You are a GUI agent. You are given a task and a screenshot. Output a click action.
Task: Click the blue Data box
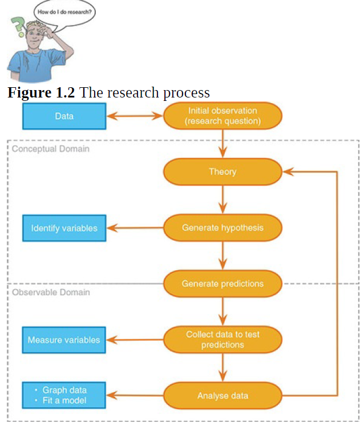click(x=64, y=116)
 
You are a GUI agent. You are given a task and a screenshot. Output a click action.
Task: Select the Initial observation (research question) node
click(x=223, y=116)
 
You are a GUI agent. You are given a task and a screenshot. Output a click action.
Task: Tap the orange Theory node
click(x=223, y=172)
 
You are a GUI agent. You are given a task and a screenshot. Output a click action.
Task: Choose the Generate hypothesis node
click(x=223, y=227)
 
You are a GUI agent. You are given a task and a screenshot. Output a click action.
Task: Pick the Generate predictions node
click(x=223, y=283)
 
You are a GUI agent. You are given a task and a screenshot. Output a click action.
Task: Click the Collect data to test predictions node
click(x=223, y=340)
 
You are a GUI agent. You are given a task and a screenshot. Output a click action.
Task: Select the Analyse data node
click(x=223, y=395)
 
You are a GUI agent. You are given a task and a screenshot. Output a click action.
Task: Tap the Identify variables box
click(x=64, y=228)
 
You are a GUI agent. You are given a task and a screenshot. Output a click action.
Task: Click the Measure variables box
click(x=64, y=340)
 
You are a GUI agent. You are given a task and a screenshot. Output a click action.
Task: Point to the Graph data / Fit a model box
click(x=64, y=396)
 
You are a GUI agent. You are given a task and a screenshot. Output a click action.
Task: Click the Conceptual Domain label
click(x=51, y=149)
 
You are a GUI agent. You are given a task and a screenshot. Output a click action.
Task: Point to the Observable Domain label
click(x=51, y=292)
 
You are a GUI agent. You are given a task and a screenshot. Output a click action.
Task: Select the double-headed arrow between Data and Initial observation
click(x=135, y=116)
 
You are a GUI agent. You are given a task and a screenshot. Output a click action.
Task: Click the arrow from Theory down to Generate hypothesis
click(x=223, y=199)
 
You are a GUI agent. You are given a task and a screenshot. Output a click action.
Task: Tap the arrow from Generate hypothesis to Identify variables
click(x=135, y=228)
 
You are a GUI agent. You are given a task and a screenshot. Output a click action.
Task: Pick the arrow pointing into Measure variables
click(x=135, y=340)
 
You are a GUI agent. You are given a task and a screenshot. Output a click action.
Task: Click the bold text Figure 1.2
click(x=42, y=92)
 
